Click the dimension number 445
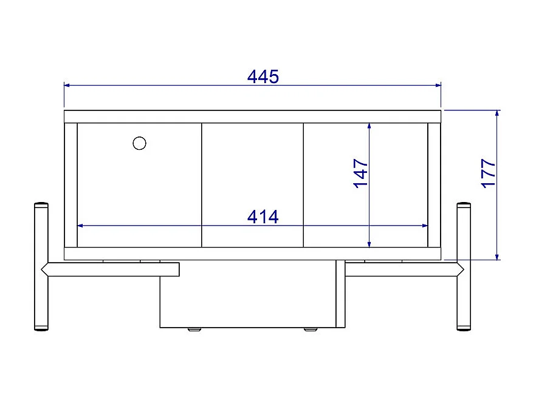(x=263, y=76)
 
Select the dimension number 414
(x=263, y=217)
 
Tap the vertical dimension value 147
(x=361, y=174)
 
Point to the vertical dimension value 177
(x=489, y=174)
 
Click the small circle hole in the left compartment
(x=139, y=143)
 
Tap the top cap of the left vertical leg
(x=41, y=204)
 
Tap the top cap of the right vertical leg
(x=464, y=204)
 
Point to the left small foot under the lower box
(x=194, y=329)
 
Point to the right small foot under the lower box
(x=311, y=329)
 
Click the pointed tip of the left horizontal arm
(x=43, y=269)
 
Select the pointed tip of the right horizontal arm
(x=462, y=269)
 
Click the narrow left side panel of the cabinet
(x=70, y=185)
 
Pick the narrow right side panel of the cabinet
(x=434, y=185)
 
